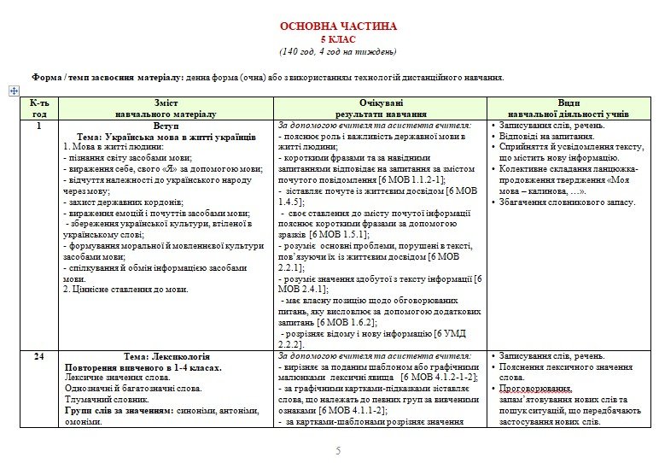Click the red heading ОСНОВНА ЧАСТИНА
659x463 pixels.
338,26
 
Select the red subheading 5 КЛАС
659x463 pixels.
338,39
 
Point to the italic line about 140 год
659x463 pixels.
338,51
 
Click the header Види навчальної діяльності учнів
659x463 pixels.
569,107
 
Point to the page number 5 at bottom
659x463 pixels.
338,450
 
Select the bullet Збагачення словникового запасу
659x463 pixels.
567,202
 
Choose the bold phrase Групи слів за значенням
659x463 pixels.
120,410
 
